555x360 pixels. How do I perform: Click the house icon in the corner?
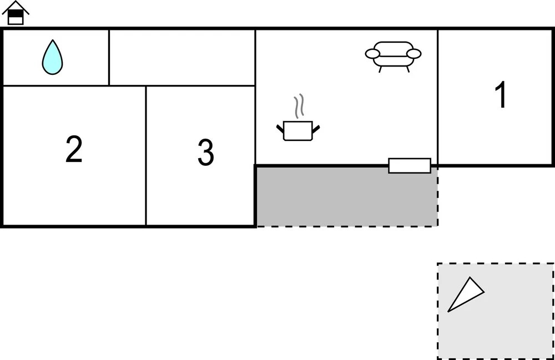(16, 13)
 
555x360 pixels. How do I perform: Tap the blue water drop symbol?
(52, 57)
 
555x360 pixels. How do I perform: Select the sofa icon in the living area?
(393, 57)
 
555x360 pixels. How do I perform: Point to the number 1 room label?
(501, 94)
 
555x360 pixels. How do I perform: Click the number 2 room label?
(74, 149)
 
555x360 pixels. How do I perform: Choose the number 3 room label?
(206, 152)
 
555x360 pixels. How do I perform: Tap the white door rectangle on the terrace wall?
(410, 165)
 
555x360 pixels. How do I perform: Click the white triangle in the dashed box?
(466, 294)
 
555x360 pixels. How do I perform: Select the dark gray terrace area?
(347, 196)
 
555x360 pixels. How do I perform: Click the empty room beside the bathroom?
(182, 57)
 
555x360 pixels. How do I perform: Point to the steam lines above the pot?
(299, 106)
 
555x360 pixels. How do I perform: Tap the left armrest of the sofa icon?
(372, 54)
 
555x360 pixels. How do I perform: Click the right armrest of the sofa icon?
(414, 54)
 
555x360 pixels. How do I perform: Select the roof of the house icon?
(16, 7)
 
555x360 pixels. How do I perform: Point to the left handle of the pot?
(280, 129)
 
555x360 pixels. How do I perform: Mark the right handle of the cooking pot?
(316, 129)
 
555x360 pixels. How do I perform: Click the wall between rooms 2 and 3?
(146, 156)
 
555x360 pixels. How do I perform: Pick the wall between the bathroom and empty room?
(109, 57)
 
